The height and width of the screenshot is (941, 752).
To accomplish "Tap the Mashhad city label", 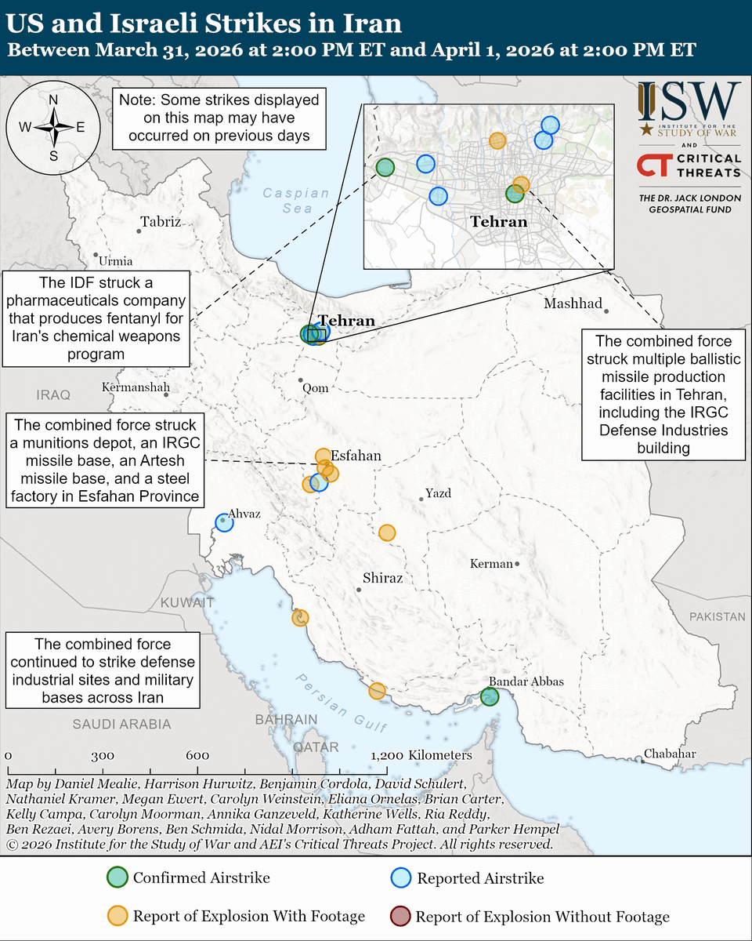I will [573, 303].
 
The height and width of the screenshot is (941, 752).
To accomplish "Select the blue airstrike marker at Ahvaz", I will [224, 522].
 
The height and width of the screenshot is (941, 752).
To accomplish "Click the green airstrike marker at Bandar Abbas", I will [490, 696].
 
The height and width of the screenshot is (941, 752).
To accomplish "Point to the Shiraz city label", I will [382, 578].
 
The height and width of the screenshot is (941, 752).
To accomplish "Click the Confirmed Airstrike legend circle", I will [117, 877].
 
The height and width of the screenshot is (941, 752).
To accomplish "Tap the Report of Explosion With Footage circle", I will [117, 916].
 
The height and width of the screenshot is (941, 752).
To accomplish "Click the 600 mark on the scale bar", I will [197, 756].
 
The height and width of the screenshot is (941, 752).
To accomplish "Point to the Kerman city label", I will [491, 564].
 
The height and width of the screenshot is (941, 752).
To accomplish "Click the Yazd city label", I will [438, 493].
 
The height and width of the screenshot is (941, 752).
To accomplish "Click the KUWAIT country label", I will [187, 603].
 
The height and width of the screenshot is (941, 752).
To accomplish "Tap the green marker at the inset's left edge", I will [385, 166].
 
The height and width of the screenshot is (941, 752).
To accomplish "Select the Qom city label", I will [316, 388].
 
